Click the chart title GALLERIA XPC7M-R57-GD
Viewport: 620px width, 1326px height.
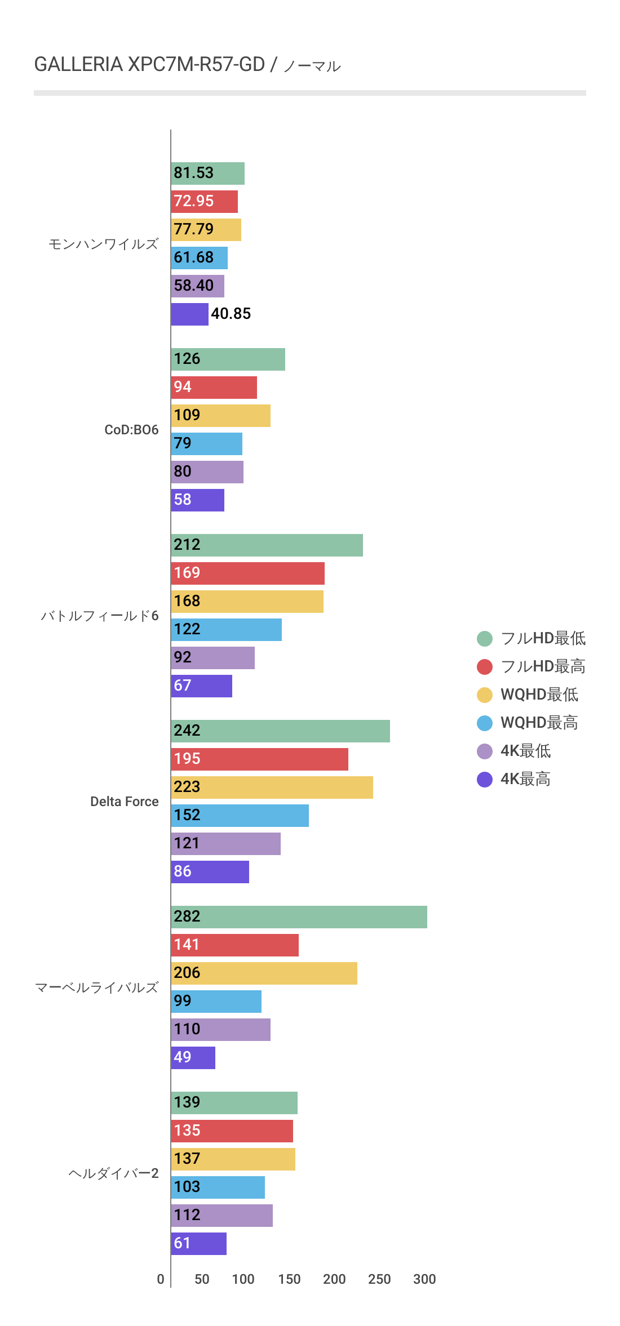[149, 65]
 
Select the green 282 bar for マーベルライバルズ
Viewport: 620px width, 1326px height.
[299, 917]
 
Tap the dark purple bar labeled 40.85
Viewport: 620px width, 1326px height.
[189, 314]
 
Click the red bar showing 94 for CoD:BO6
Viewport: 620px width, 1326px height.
[214, 388]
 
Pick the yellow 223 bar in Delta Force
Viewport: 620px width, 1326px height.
[272, 787]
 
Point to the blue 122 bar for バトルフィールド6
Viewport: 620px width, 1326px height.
[226, 630]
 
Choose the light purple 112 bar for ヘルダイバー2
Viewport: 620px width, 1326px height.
[222, 1216]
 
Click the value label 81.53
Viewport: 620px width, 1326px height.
[194, 173]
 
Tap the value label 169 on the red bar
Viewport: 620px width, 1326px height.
[187, 573]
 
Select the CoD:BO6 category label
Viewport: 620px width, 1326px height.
[131, 430]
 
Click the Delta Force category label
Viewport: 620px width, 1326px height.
[125, 802]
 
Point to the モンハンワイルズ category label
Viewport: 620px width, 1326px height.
[104, 244]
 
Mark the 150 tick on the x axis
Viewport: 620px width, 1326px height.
[289, 1279]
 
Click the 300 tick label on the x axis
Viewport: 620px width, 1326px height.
[424, 1279]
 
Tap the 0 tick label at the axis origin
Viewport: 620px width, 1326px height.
[161, 1279]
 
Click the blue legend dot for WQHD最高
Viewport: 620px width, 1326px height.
[485, 723]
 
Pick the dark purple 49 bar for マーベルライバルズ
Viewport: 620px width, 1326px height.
[193, 1058]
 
